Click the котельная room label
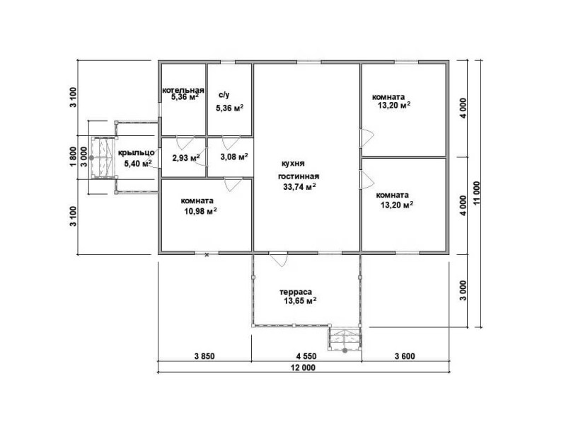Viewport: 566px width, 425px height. click(183, 90)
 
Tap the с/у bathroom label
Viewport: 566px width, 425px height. click(224, 96)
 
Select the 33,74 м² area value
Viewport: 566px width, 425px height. click(299, 186)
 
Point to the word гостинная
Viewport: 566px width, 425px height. click(299, 176)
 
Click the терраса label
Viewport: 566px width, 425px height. click(296, 292)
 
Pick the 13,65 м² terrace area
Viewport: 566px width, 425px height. click(300, 300)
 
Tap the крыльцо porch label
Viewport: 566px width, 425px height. click(137, 153)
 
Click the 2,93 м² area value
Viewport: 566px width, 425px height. click(186, 157)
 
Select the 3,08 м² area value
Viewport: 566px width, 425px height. click(234, 157)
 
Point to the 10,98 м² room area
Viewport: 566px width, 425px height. click(200, 211)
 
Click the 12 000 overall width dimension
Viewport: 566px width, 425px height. click(303, 368)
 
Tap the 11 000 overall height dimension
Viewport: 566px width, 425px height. click(477, 193)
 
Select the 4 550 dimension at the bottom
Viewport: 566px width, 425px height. click(306, 356)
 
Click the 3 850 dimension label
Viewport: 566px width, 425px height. click(204, 356)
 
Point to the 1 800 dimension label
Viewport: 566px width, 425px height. click(74, 157)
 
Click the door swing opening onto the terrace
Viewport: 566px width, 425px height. click(279, 259)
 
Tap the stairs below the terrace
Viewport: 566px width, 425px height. click(345, 339)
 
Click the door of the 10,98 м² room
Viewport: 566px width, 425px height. click(233, 184)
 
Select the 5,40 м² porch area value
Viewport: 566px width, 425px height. click(138, 164)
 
